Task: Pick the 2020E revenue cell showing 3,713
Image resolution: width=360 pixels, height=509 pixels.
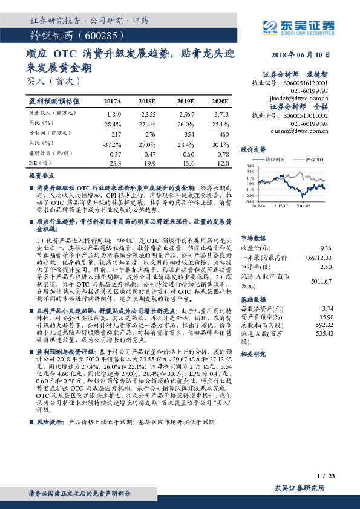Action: click(221, 113)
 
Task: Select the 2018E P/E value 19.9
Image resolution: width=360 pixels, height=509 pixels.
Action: click(149, 163)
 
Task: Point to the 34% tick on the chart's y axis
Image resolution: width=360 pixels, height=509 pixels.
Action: click(250, 165)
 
